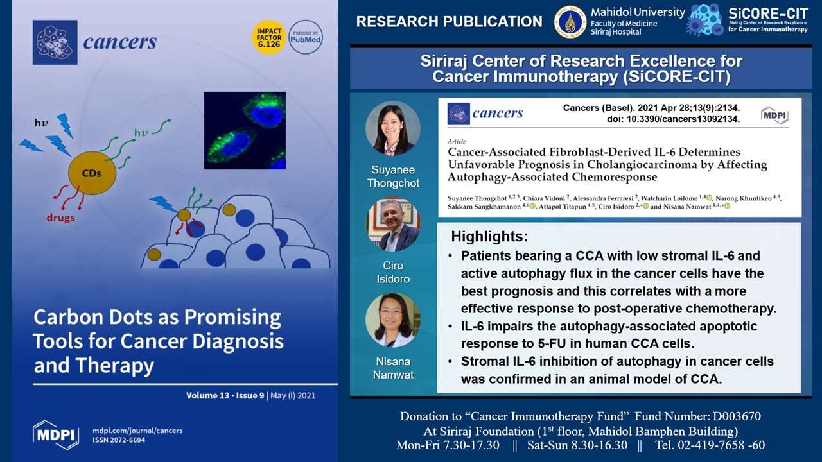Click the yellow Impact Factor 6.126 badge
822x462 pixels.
pyautogui.click(x=268, y=37)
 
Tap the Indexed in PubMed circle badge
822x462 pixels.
pyautogui.click(x=306, y=37)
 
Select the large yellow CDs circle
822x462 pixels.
pyautogui.click(x=92, y=173)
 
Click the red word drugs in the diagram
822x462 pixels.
pyautogui.click(x=60, y=218)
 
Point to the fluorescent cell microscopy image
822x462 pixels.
pyautogui.click(x=245, y=130)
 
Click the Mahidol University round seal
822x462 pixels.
pyautogui.click(x=570, y=22)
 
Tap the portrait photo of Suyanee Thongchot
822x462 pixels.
pyautogui.click(x=393, y=128)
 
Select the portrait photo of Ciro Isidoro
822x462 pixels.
pyautogui.click(x=393, y=225)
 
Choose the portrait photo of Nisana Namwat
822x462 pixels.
pyautogui.click(x=393, y=320)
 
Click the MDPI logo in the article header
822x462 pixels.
pyautogui.click(x=774, y=115)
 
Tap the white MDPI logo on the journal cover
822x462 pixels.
pyautogui.click(x=56, y=435)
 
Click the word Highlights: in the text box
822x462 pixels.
pyautogui.click(x=489, y=237)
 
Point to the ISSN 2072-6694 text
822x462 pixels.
pyautogui.click(x=119, y=440)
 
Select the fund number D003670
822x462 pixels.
pyautogui.click(x=737, y=416)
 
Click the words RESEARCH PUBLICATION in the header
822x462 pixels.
pyautogui.click(x=449, y=22)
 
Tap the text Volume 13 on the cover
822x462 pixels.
pyautogui.click(x=207, y=396)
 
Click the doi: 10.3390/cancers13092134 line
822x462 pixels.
pyautogui.click(x=674, y=119)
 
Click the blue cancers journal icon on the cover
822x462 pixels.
pyautogui.click(x=55, y=42)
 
